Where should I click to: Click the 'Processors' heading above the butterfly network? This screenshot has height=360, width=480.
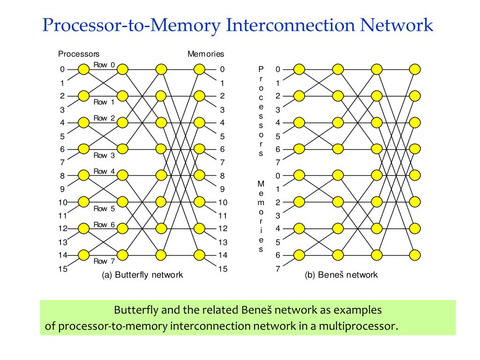click(x=79, y=54)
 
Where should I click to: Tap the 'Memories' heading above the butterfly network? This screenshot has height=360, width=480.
click(x=206, y=54)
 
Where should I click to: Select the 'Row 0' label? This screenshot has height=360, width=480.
click(x=104, y=65)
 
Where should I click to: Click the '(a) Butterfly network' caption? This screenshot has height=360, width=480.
click(x=142, y=275)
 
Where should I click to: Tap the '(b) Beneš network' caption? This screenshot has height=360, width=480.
click(x=341, y=275)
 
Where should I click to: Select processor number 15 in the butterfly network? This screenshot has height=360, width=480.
click(x=62, y=269)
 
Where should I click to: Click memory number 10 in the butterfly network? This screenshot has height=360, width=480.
click(x=223, y=202)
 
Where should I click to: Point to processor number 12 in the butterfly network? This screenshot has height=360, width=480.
click(x=62, y=229)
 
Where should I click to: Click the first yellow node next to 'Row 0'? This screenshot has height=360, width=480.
click(x=84, y=69)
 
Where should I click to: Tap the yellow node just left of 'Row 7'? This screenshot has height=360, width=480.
click(x=84, y=255)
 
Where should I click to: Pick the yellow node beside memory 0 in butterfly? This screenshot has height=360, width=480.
click(x=200, y=69)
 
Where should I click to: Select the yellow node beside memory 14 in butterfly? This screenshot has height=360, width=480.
click(x=200, y=255)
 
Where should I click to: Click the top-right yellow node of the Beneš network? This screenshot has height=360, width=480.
click(x=414, y=69)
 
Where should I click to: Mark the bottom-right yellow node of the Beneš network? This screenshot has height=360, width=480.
click(x=414, y=255)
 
